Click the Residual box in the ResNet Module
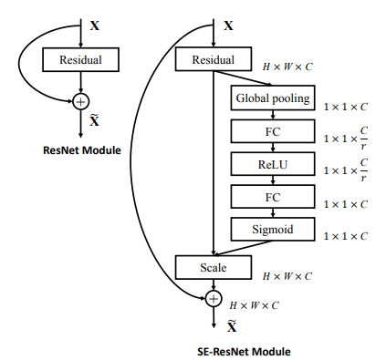(83, 60)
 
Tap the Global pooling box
(272, 98)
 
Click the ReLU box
(272, 164)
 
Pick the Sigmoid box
(272, 229)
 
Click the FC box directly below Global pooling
(272, 131)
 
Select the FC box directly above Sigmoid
(272, 196)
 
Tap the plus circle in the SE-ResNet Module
(213, 298)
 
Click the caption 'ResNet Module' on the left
(82, 147)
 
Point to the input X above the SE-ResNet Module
(227, 26)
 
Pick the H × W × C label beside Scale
(287, 275)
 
